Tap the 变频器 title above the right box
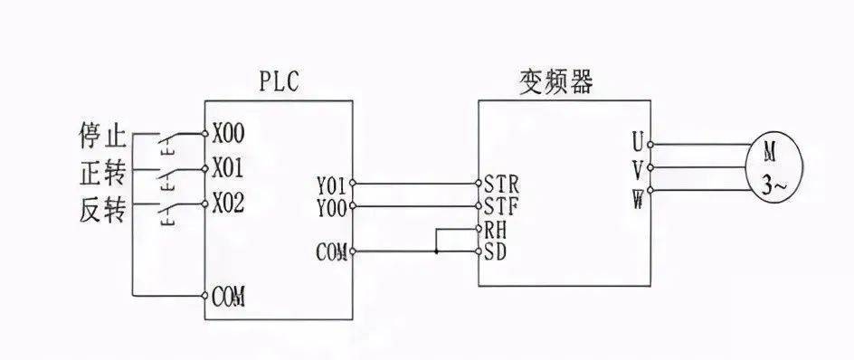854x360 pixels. [x=555, y=84]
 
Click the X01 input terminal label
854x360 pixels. [x=229, y=168]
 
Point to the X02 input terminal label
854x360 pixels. [x=229, y=201]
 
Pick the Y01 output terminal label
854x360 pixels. [x=331, y=187]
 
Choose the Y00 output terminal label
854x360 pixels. [x=331, y=207]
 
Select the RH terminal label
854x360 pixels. [x=497, y=230]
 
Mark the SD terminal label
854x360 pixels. [x=497, y=250]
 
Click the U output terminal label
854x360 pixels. [x=638, y=142]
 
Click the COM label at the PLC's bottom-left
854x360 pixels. [x=232, y=297]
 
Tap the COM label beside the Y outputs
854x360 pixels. [x=332, y=251]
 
